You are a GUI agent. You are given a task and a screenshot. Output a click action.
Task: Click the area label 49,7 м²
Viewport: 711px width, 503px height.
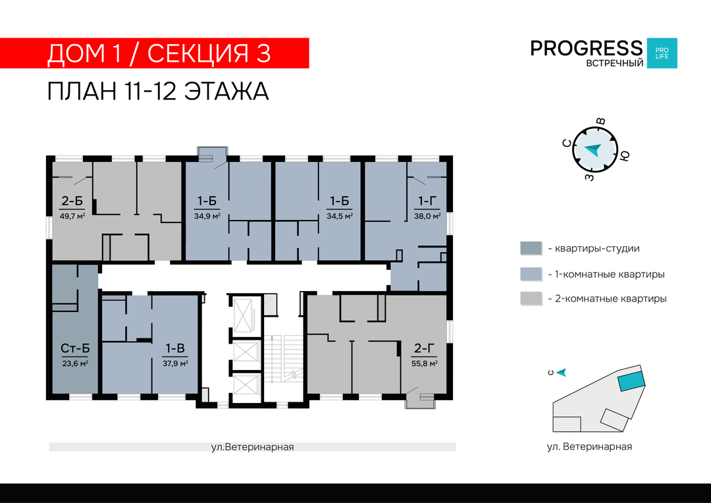point(72,217)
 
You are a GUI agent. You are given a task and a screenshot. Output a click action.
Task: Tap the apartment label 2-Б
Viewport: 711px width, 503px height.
point(72,201)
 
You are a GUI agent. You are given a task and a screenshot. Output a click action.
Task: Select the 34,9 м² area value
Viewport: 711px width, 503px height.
point(207,217)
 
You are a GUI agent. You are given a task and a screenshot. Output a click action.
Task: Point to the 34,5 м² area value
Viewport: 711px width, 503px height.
point(340,217)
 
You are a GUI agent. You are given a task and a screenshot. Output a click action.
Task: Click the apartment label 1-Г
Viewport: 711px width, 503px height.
point(427,201)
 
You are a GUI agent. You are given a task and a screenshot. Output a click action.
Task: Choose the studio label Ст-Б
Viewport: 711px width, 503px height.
point(75,348)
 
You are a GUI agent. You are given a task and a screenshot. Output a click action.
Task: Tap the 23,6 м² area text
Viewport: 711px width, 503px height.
point(75,363)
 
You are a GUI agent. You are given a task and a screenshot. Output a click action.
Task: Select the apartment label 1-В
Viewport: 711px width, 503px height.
point(175,348)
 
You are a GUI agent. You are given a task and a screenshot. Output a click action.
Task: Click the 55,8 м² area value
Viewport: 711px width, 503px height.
point(425,363)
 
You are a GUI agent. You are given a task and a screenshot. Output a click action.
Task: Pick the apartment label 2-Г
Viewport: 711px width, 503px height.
point(425,348)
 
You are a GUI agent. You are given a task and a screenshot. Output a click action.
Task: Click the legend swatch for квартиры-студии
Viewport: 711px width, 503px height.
point(531,248)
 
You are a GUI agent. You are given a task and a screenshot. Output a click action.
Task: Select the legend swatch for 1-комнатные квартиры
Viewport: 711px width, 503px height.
point(531,274)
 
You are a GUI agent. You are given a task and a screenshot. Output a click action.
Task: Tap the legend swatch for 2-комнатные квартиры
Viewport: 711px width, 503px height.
point(531,298)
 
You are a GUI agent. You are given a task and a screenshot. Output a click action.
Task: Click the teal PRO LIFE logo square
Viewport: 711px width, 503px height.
point(662,53)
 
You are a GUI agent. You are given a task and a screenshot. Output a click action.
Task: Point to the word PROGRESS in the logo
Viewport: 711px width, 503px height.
point(587,48)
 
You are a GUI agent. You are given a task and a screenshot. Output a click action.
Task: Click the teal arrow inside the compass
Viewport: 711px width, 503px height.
point(592,149)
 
